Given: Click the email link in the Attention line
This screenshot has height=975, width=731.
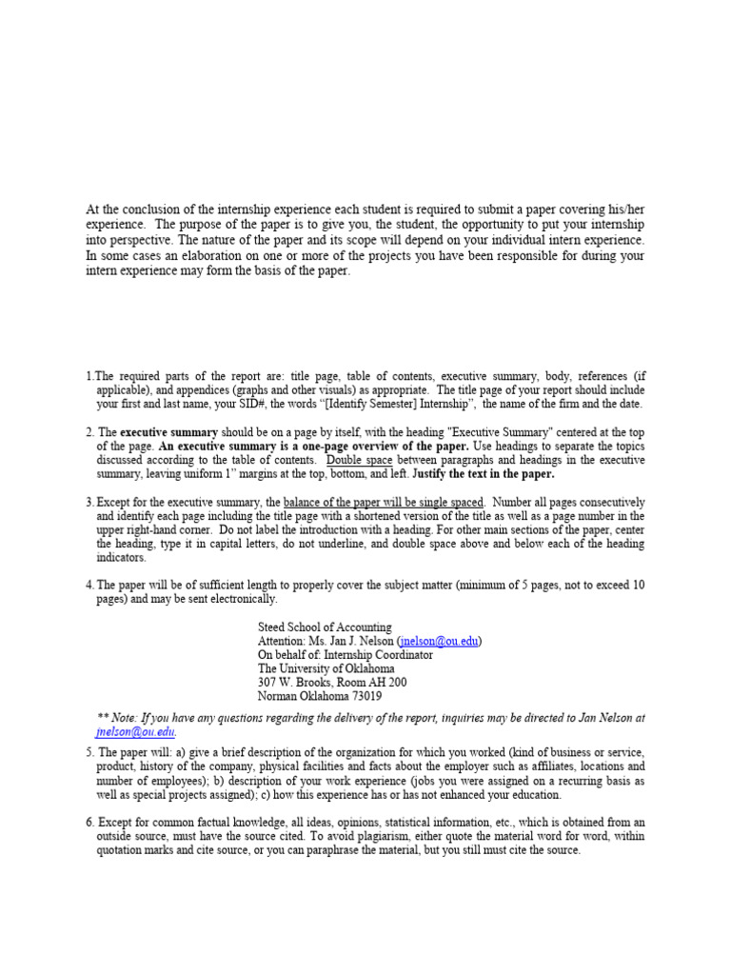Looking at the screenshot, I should click(440, 642).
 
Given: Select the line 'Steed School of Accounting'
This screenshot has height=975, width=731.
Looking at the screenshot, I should click(324, 627).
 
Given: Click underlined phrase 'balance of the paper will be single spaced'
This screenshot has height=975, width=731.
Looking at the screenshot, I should click(384, 502).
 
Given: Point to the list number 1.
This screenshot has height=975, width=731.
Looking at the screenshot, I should click(89, 377).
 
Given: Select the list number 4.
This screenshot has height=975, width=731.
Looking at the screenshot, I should click(89, 585).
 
